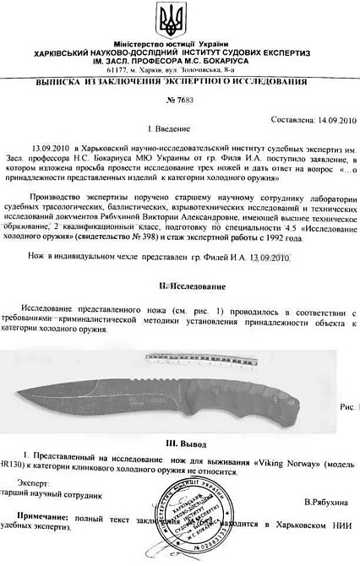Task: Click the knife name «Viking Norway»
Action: tap(281, 463)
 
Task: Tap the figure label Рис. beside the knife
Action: tap(346, 406)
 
